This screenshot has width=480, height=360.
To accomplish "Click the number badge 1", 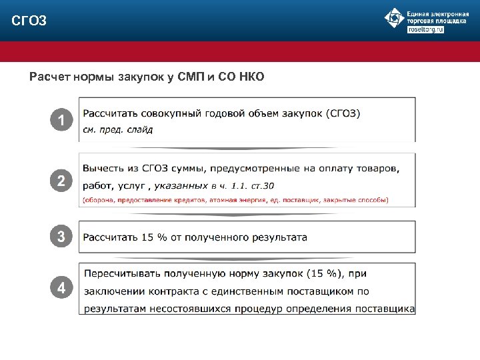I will (x=61, y=121).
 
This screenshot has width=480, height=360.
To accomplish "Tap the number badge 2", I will (x=61, y=181).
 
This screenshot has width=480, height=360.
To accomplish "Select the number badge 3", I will (x=61, y=237).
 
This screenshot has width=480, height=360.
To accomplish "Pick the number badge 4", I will (x=61, y=289).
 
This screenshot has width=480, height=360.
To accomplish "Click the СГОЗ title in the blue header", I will (x=29, y=21).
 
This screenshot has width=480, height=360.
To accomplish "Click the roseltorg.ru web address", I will (x=425, y=30).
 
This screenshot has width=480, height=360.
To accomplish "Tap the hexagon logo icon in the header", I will (x=394, y=18).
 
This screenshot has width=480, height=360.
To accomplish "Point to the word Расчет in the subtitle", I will (x=48, y=77).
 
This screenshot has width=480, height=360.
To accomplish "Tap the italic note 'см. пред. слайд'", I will (x=117, y=129).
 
